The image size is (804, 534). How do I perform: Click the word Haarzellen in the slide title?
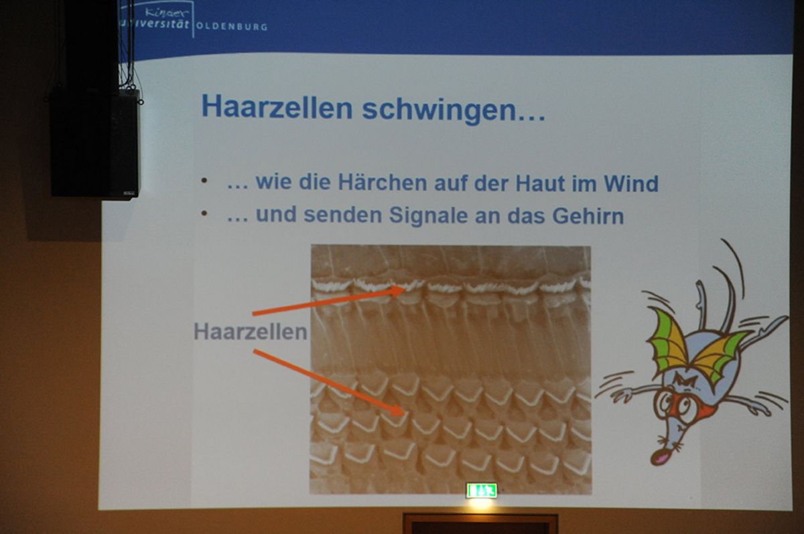tap(277, 107)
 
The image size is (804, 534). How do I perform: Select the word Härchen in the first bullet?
tap(383, 182)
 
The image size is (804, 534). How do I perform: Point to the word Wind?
tap(630, 183)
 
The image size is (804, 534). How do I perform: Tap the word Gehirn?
tap(588, 215)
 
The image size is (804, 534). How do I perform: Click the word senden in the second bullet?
tap(342, 215)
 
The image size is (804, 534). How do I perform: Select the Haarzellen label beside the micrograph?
tap(251, 331)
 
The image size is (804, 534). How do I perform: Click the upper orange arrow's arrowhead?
tap(399, 290)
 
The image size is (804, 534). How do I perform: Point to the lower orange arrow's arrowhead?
tap(398, 410)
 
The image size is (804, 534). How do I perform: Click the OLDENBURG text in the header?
tap(232, 27)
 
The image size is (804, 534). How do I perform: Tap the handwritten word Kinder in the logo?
tap(167, 13)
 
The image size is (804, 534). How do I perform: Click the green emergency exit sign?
tap(482, 491)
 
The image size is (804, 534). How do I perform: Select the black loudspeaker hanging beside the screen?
tap(94, 143)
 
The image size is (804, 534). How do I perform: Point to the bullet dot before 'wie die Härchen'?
tap(204, 181)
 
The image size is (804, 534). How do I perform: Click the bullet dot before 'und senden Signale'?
tap(204, 213)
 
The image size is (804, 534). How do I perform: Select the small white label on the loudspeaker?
tap(129, 193)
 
